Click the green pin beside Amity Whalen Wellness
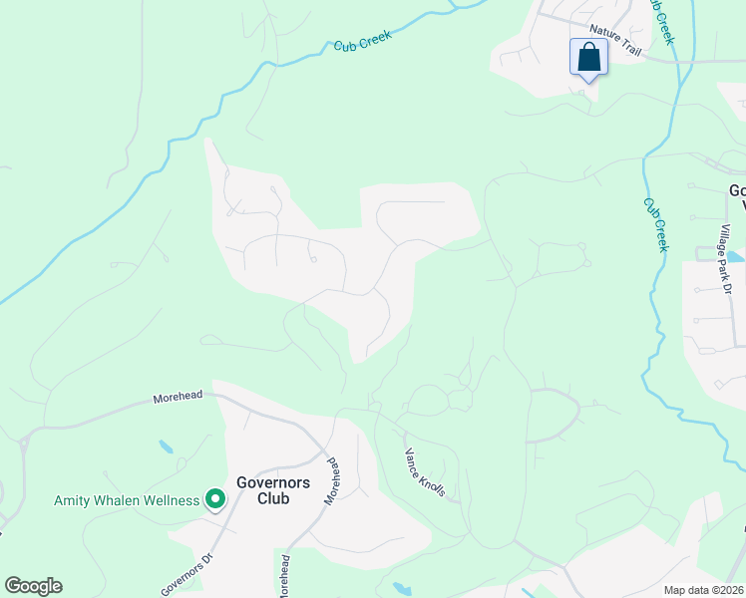click(x=214, y=499)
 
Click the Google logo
click(x=33, y=586)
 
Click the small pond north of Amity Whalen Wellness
click(x=165, y=447)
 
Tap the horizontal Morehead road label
click(x=178, y=397)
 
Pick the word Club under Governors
click(x=273, y=498)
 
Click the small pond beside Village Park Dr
click(x=735, y=256)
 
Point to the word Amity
click(x=73, y=500)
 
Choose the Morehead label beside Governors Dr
click(x=285, y=576)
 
